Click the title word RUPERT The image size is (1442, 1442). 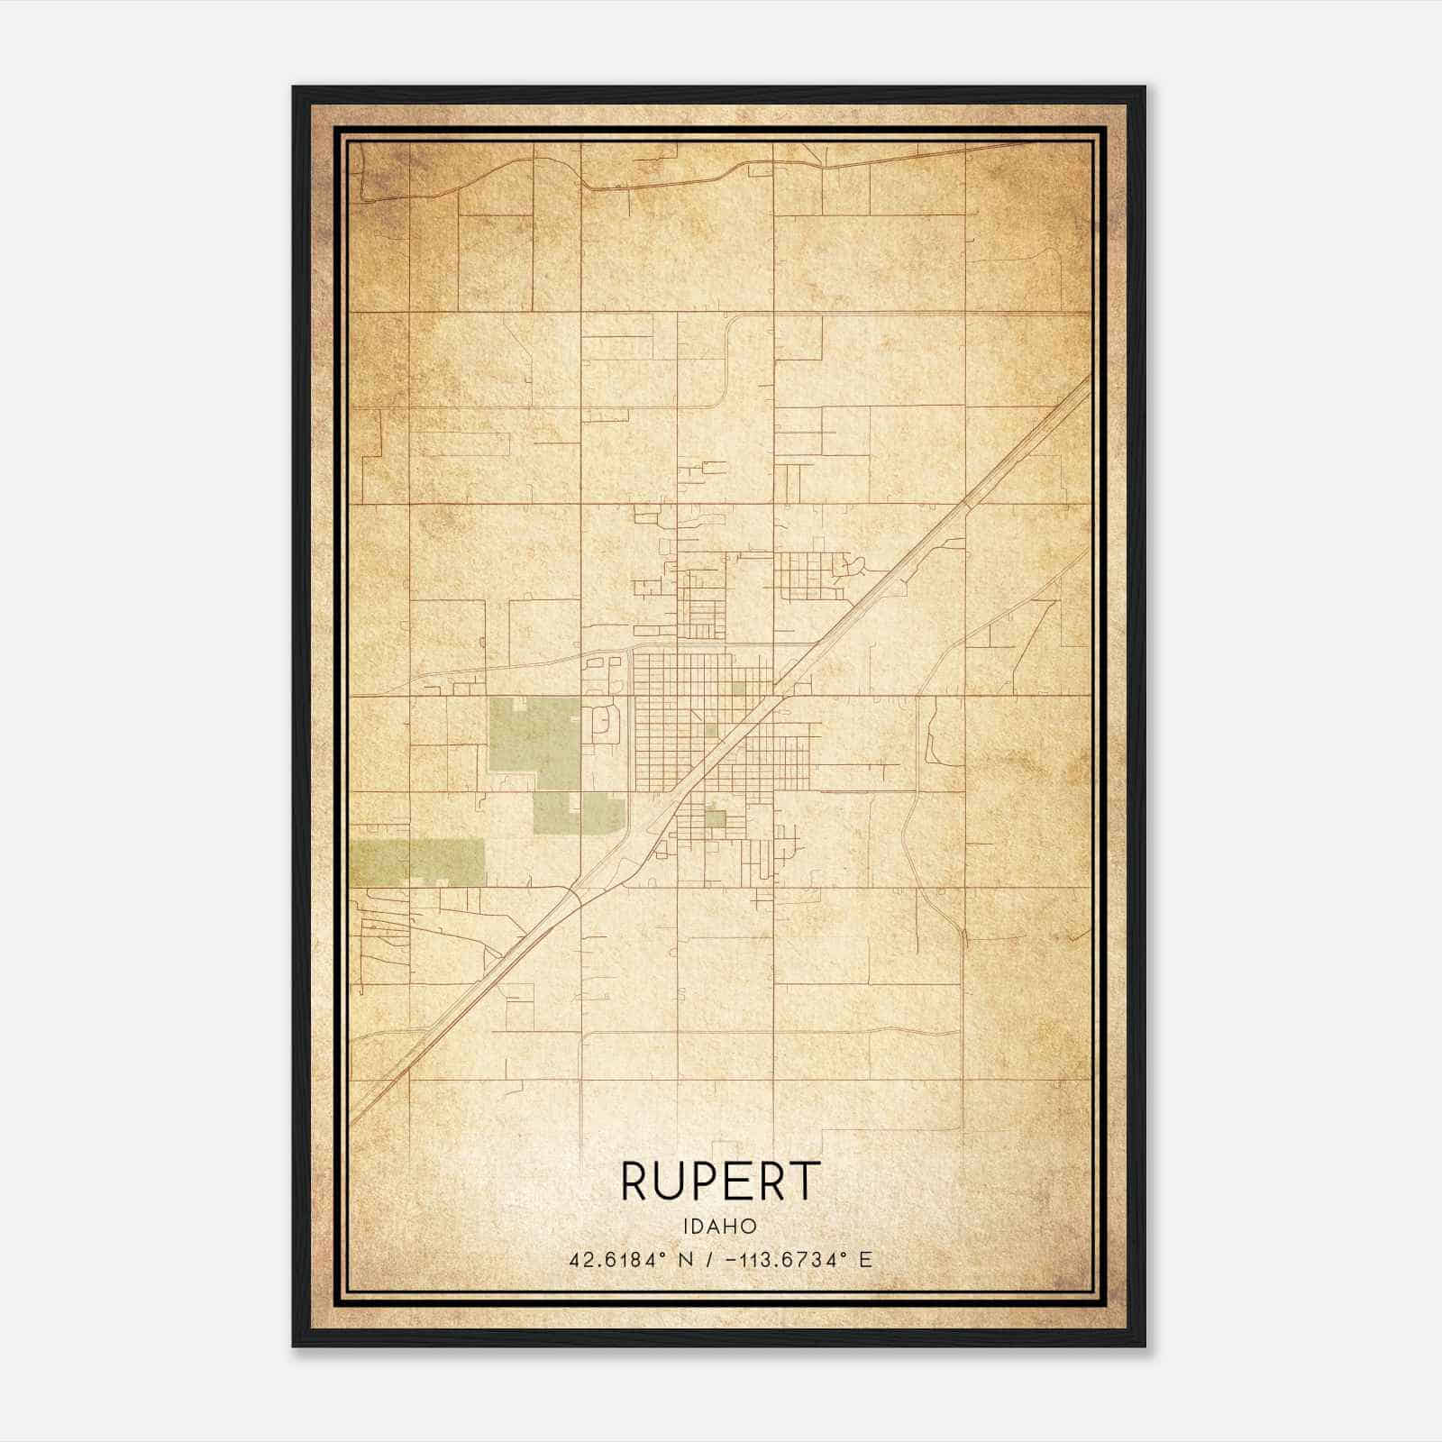(x=720, y=1182)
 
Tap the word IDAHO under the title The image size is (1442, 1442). (x=720, y=1227)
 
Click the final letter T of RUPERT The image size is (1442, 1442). (x=805, y=1182)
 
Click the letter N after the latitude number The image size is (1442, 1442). (x=686, y=1260)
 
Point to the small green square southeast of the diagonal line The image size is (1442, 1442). (x=715, y=818)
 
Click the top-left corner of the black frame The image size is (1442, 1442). (x=295, y=88)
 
